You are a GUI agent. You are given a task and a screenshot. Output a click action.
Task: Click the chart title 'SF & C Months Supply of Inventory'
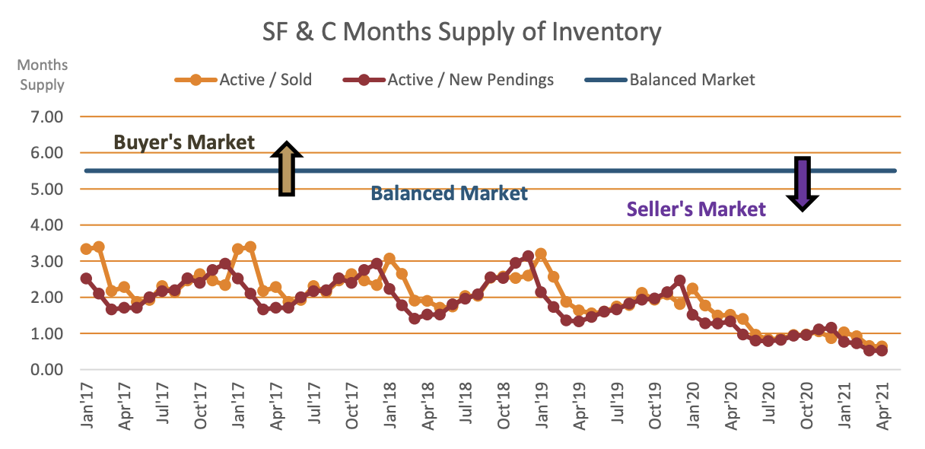coord(462,32)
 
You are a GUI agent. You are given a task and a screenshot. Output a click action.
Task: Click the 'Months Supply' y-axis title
coord(43,75)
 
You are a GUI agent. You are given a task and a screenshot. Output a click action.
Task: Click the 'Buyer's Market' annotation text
coord(184,142)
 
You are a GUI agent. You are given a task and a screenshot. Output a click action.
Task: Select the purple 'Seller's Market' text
coord(695,209)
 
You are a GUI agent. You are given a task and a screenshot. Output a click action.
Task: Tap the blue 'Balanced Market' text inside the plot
coord(449,193)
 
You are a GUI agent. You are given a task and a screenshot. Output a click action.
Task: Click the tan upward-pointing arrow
coord(287,168)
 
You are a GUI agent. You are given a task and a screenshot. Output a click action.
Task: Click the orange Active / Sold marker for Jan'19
coord(541,254)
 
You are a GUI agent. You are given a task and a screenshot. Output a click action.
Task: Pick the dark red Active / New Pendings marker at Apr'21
coord(882,350)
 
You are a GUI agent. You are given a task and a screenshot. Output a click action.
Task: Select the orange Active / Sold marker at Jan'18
coord(389,259)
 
